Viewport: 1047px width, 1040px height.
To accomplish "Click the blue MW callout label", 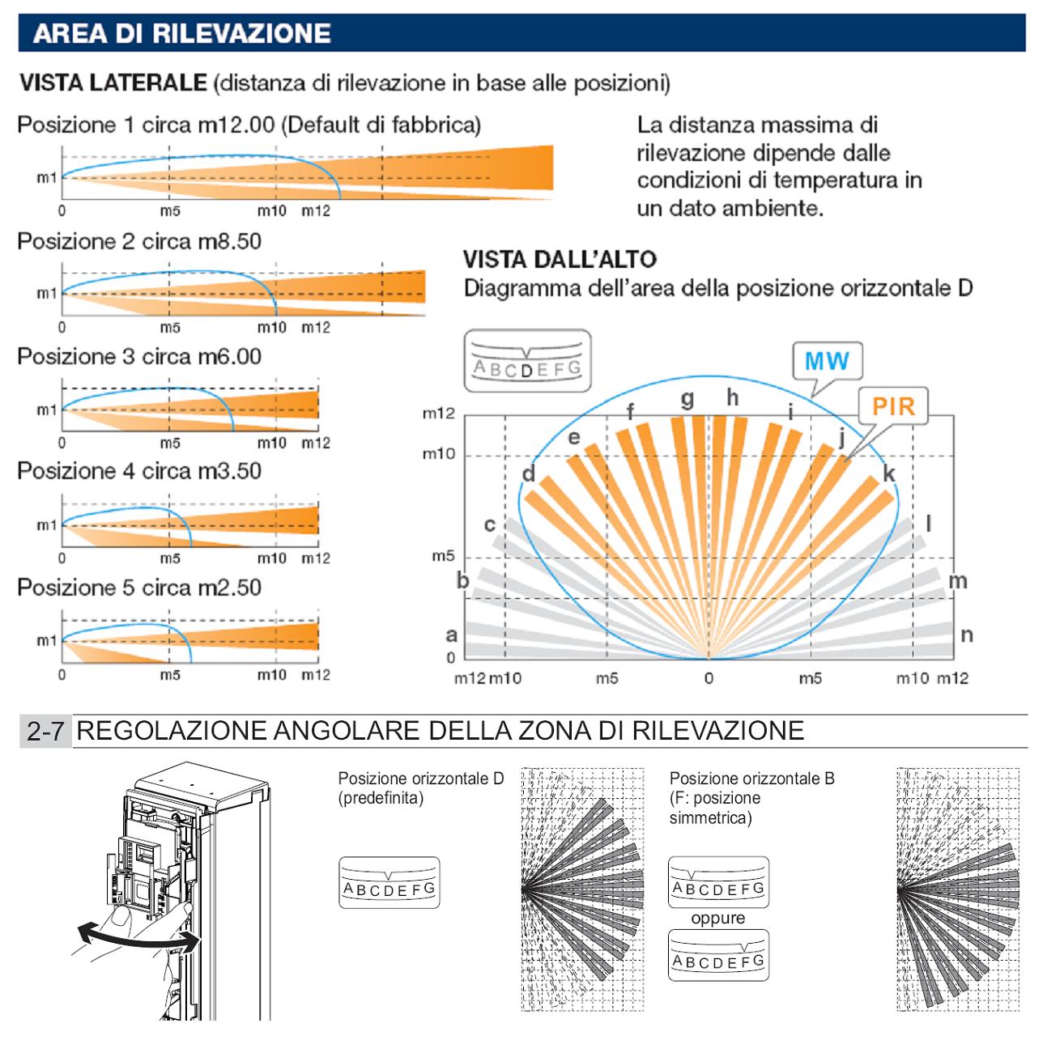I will click(x=826, y=360).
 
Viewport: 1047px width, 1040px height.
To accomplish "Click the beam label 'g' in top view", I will click(x=687, y=399).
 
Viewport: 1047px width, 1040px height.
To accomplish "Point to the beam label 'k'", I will click(x=888, y=473).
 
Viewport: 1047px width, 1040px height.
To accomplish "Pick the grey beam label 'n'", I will click(x=966, y=635).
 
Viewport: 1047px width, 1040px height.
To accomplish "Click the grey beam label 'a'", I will click(x=452, y=635).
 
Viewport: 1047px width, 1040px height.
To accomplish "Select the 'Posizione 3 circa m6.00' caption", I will click(x=139, y=357).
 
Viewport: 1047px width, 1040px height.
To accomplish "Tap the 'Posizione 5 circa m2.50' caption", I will click(x=139, y=587).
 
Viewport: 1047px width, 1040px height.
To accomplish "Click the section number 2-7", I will click(x=46, y=732).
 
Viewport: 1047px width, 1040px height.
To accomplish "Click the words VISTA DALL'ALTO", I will click(x=560, y=261).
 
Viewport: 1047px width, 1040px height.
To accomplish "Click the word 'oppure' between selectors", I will click(x=717, y=919).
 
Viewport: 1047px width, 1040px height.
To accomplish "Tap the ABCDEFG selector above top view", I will click(x=527, y=361).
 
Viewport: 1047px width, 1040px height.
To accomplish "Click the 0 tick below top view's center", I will click(x=709, y=678).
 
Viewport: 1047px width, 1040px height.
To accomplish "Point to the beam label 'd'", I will click(x=528, y=473).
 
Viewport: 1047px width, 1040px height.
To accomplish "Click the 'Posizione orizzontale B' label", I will click(x=751, y=779).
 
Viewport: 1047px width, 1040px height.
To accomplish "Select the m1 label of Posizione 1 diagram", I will click(x=46, y=178).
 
